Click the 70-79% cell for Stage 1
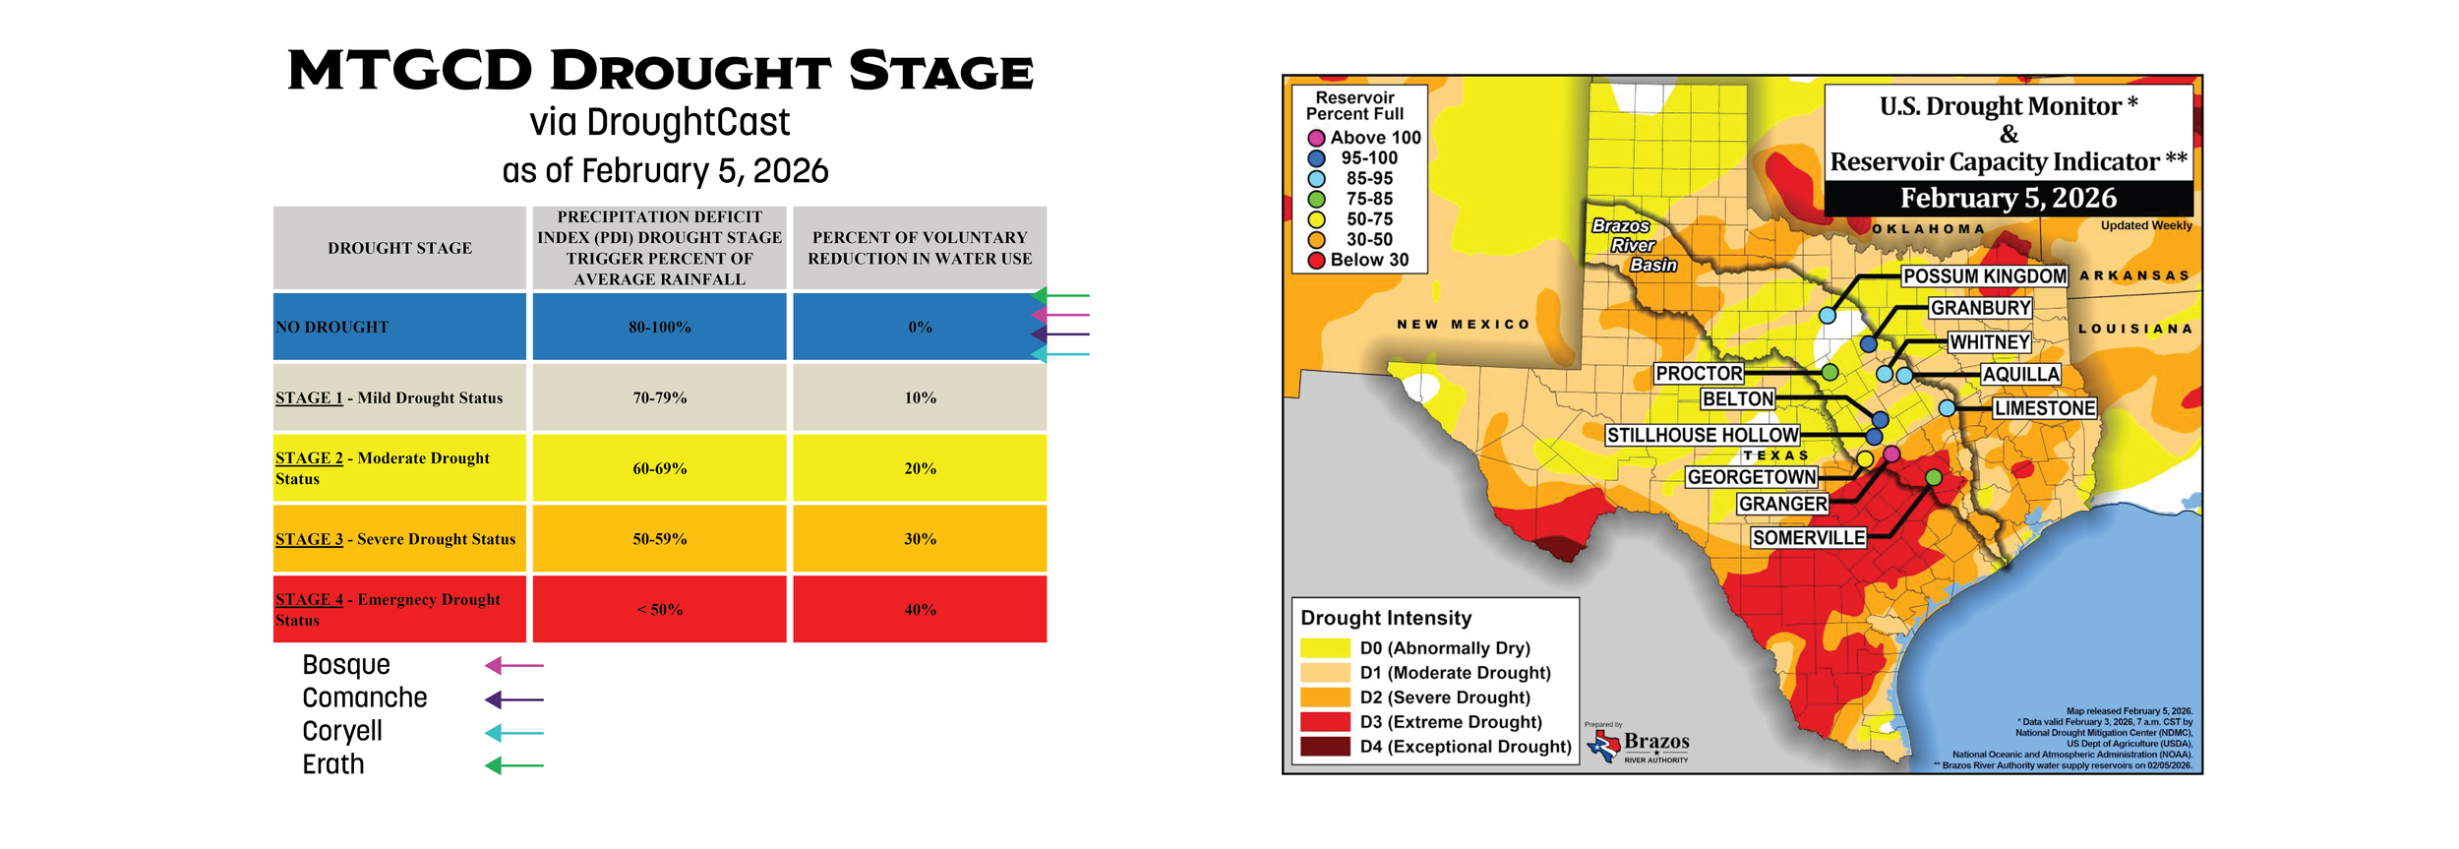tap(659, 397)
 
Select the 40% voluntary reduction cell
tap(919, 609)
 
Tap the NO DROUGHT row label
tap(332, 327)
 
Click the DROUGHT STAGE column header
tap(399, 248)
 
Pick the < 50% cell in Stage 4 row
tap(659, 609)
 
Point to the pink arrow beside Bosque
tap(513, 666)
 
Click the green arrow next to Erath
tap(513, 765)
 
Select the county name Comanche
tap(364, 697)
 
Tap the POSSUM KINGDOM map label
tap(1984, 276)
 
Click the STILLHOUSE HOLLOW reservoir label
tap(1702, 435)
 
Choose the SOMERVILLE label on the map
tap(1808, 537)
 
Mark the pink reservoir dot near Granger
tap(1890, 454)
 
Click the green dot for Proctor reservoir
tap(1829, 372)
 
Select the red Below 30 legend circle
tap(1316, 261)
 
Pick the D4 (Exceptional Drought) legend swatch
tap(1325, 747)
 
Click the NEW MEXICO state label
tap(1464, 324)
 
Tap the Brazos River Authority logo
tap(1640, 745)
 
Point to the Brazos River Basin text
tap(1633, 245)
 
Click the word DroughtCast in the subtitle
tap(688, 122)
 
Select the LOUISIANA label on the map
tap(2134, 329)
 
